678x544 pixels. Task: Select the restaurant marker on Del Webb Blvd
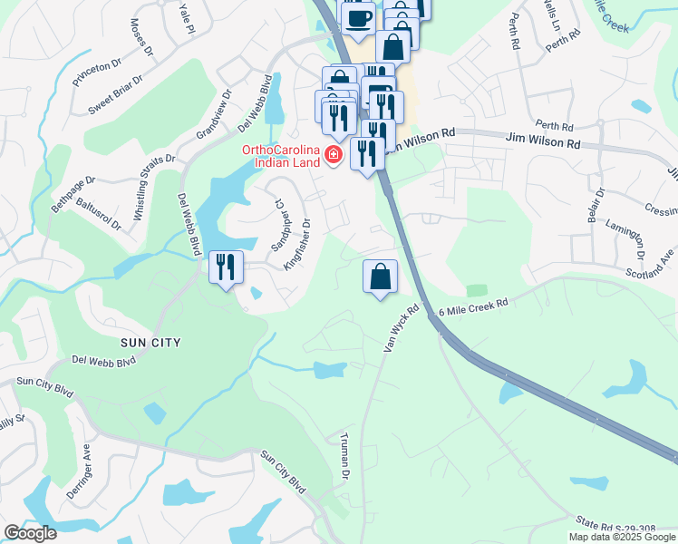pos(226,267)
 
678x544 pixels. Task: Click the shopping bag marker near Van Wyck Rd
pos(381,277)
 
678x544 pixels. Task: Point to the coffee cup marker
pos(356,17)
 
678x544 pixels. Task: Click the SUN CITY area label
pos(150,343)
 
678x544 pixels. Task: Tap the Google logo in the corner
pos(30,532)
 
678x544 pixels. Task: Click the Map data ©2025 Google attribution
pos(622,537)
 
